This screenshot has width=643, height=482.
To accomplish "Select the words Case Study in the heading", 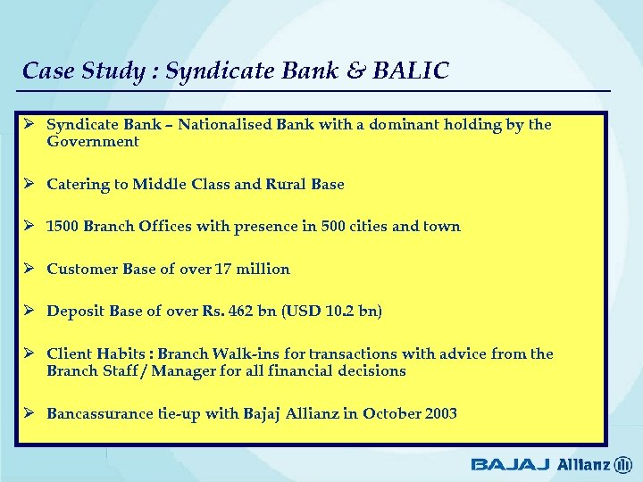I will pyautogui.click(x=77, y=71).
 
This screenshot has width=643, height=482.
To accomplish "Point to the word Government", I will pyautogui.click(x=93, y=142).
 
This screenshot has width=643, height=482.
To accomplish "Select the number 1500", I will pyautogui.click(x=63, y=227).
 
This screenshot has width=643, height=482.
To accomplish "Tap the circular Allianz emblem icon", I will pyautogui.click(x=623, y=464).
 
